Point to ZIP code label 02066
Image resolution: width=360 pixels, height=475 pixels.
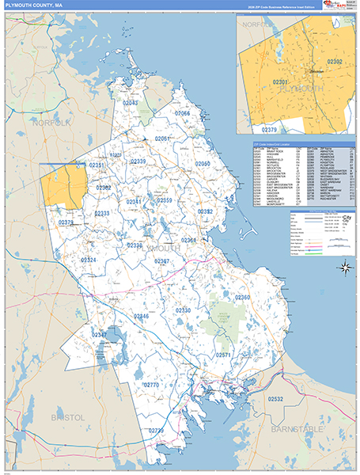[x=183, y=113]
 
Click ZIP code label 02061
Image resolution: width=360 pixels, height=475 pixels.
[x=163, y=139]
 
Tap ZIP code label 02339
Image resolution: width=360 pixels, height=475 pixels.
[x=138, y=161]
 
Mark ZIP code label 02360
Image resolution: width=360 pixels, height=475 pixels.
[x=241, y=297]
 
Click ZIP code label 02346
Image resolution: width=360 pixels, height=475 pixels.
[x=141, y=316]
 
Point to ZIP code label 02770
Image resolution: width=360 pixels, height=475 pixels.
[x=151, y=385]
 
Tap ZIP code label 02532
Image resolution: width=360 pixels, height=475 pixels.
[x=275, y=400]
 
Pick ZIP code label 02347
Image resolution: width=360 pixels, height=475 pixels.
[x=100, y=335]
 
